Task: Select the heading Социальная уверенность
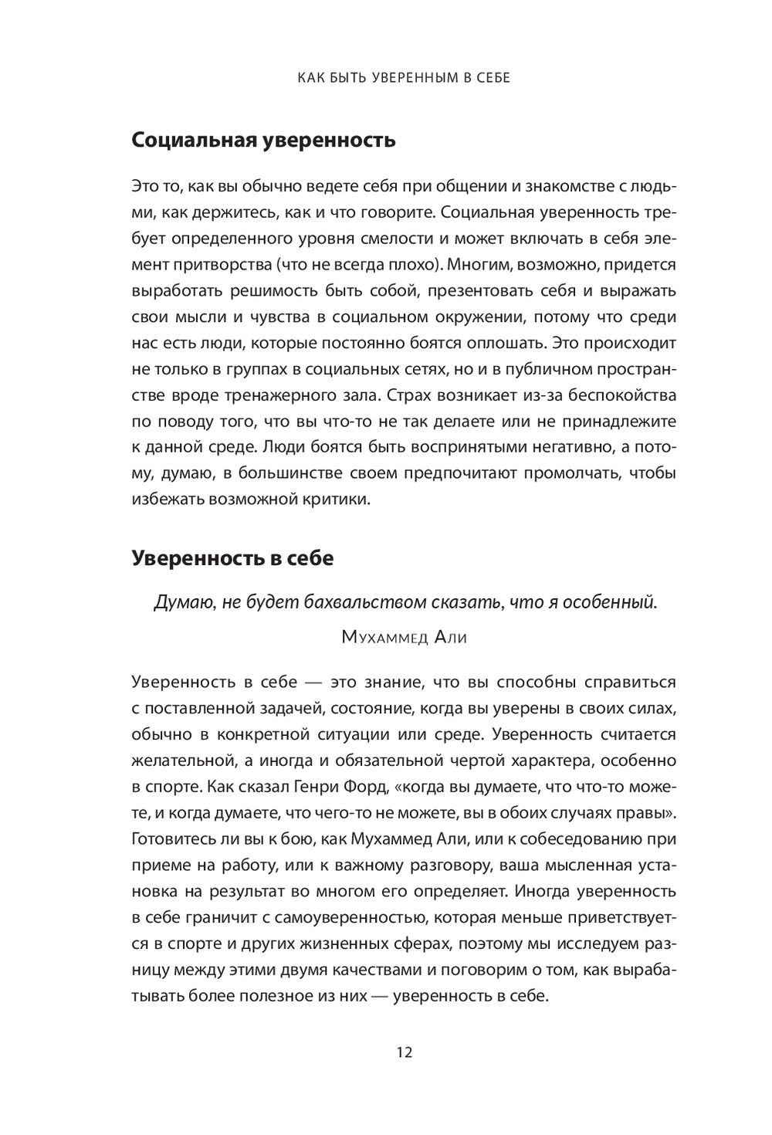pyautogui.click(x=264, y=140)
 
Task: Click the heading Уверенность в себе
pyautogui.click(x=232, y=557)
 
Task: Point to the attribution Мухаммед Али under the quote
pyautogui.click(x=404, y=638)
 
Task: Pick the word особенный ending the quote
pyautogui.click(x=609, y=603)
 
